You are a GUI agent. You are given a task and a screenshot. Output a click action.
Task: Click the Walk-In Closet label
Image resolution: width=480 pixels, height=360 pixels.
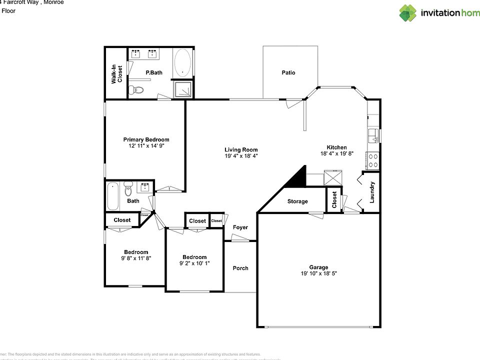click(116, 73)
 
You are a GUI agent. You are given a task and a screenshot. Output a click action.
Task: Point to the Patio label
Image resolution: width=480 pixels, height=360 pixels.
click(288, 73)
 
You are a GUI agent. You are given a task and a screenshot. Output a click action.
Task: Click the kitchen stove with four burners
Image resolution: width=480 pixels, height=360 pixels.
click(373, 159)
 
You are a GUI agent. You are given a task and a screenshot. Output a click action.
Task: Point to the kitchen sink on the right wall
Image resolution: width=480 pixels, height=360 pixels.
click(373, 135)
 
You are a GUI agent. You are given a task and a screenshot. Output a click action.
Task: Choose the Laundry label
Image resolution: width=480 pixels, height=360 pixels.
click(371, 192)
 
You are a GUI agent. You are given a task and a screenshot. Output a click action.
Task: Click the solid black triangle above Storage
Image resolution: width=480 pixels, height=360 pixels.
click(298, 177)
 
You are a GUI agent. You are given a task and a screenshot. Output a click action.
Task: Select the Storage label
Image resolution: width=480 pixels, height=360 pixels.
click(297, 201)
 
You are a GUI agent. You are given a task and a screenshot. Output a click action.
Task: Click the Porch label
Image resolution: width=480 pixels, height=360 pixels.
click(240, 268)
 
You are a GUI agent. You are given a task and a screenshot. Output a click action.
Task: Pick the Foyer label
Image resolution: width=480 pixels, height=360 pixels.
click(240, 227)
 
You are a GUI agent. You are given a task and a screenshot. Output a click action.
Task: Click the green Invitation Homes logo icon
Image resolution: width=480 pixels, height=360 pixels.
click(408, 12)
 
